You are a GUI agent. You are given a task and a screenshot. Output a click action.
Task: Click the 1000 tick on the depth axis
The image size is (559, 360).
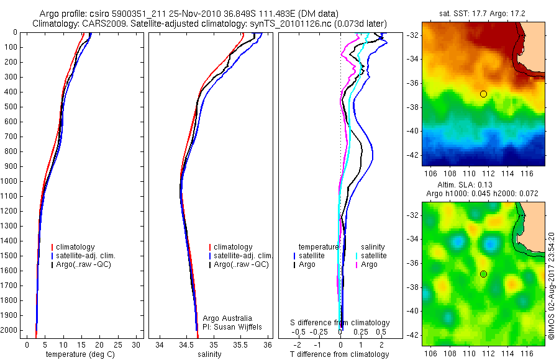(x=10, y=181)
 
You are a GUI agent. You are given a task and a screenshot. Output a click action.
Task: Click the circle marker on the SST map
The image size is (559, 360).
(x=483, y=94)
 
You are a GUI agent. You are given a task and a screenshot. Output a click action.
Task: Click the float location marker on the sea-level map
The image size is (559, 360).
(x=483, y=274)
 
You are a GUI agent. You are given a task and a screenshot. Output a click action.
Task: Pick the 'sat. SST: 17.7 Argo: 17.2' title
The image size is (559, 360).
(x=483, y=12)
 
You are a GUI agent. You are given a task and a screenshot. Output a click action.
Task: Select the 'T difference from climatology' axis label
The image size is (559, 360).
(x=340, y=354)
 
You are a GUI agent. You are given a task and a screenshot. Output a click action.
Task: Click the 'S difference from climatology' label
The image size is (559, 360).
(x=340, y=323)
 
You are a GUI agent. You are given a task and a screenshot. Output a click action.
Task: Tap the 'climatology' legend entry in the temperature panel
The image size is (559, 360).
(x=78, y=247)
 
